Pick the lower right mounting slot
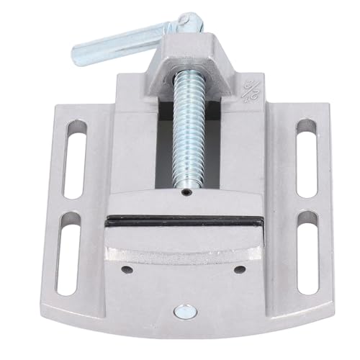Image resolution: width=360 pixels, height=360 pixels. [307, 245]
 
